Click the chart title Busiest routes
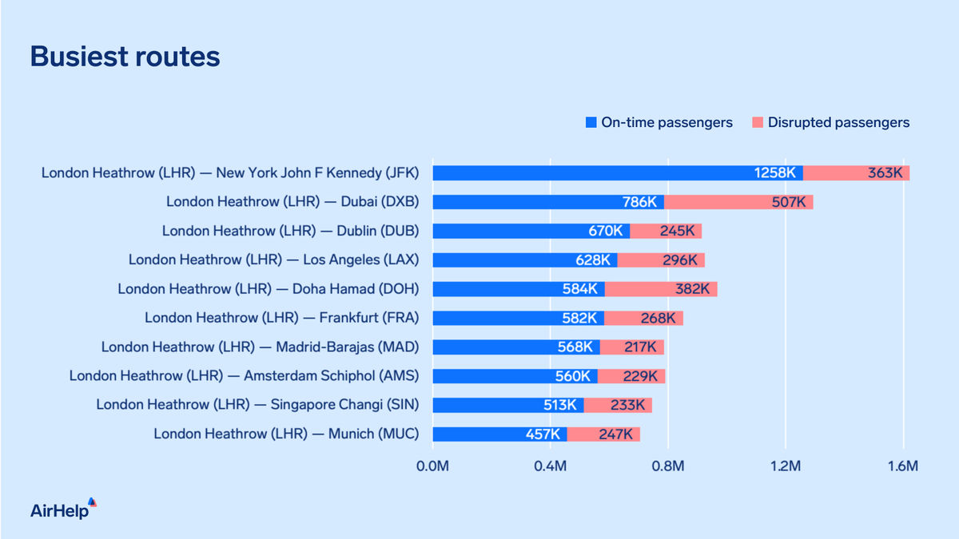(125, 57)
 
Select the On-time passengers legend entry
(659, 123)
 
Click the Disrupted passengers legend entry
(830, 123)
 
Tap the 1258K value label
(774, 172)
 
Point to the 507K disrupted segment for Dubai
(738, 202)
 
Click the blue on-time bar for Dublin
(531, 231)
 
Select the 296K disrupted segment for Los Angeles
(661, 260)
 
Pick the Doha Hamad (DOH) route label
(274, 289)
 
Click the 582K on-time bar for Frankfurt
(518, 318)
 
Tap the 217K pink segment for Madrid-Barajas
(632, 347)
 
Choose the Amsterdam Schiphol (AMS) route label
(250, 376)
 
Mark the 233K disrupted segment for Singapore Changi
(618, 405)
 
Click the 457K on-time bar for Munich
(499, 434)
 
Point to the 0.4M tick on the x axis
(550, 466)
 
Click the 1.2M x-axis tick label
(786, 466)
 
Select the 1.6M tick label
(903, 466)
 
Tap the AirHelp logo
(63, 509)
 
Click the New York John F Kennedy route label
(236, 172)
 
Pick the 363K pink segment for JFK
(857, 172)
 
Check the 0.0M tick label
(432, 466)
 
